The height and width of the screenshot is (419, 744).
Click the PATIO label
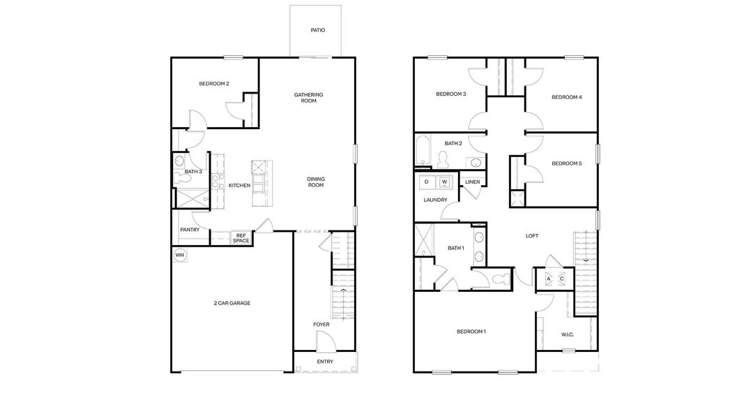[317, 31]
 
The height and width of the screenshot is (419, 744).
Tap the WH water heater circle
[180, 255]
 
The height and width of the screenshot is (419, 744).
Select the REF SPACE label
[241, 238]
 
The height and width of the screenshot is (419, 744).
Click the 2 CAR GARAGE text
[231, 303]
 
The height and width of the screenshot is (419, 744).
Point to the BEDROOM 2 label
[214, 84]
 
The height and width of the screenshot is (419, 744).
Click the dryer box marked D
[427, 182]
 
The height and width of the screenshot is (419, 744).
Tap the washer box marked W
[444, 182]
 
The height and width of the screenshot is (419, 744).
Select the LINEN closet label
[472, 182]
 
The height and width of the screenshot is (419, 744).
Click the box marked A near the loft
[548, 279]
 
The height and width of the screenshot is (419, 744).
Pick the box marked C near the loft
[562, 279]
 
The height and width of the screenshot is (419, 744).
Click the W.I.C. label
[568, 335]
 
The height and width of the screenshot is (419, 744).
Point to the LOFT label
[531, 236]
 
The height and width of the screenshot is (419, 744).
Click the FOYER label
[321, 324]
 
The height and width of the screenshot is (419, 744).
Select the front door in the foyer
[325, 342]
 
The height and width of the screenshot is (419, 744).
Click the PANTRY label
[190, 230]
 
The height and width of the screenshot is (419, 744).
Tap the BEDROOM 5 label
[566, 163]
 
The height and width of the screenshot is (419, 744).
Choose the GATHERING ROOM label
[308, 98]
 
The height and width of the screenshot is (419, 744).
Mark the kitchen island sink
[258, 167]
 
